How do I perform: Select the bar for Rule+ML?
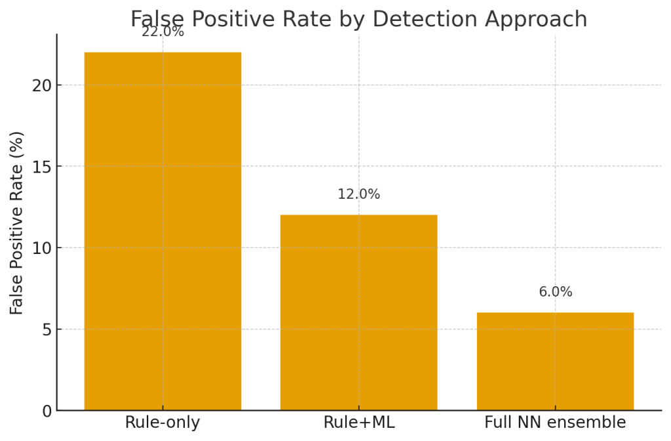358,312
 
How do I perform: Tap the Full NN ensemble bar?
555,361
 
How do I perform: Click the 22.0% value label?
163,31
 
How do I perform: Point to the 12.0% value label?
358,195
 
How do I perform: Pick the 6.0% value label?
555,292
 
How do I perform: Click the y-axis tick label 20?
42,85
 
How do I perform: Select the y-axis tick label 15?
42,167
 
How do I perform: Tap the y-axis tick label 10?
42,248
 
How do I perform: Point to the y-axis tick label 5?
47,329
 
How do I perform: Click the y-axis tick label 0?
47,411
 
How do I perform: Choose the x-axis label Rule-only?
163,423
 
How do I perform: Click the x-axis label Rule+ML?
358,423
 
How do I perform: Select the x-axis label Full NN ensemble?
555,423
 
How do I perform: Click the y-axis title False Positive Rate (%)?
17,222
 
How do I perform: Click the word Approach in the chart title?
536,20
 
